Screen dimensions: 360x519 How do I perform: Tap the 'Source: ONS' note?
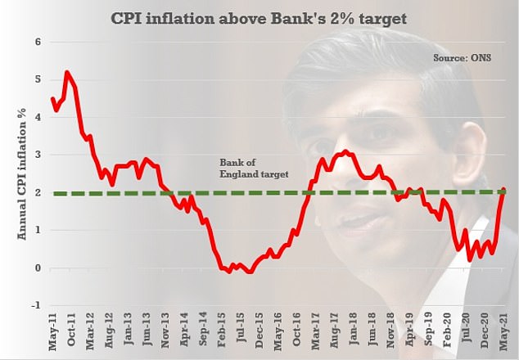(463, 58)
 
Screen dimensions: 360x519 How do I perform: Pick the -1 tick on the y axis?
(35, 305)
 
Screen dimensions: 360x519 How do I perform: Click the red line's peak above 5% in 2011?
(66, 72)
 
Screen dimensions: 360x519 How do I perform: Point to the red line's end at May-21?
(502, 190)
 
